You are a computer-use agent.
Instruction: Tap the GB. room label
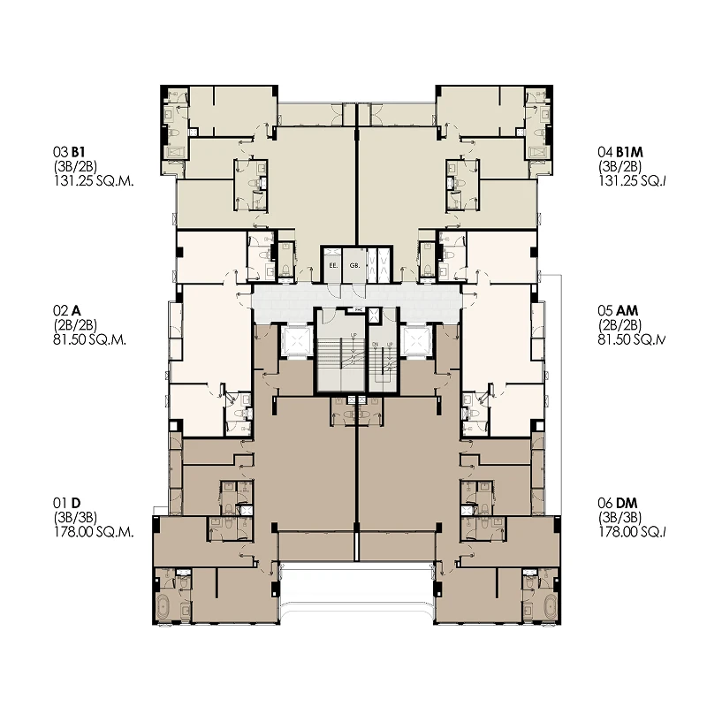[x=353, y=264]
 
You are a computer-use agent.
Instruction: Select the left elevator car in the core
[x=295, y=340]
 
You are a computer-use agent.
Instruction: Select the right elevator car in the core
[x=414, y=340]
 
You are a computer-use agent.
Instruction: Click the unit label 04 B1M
[x=620, y=152]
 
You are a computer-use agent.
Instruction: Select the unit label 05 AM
[x=620, y=311]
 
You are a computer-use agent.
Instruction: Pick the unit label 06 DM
[x=620, y=505]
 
